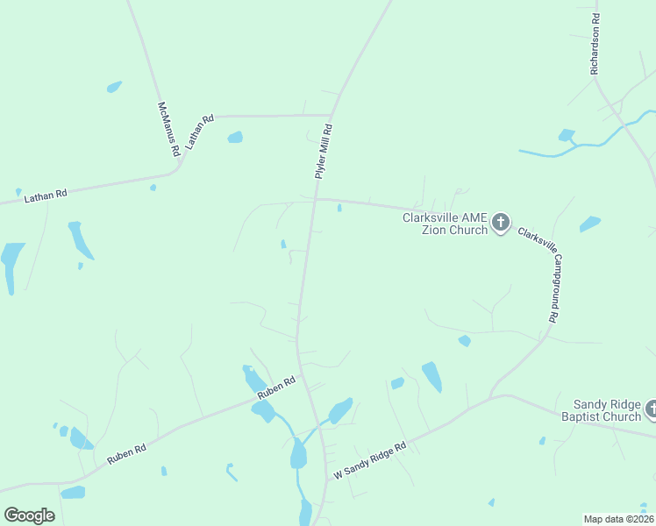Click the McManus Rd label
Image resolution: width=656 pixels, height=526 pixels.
pyautogui.click(x=168, y=129)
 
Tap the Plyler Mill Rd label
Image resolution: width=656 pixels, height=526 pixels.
pyautogui.click(x=324, y=151)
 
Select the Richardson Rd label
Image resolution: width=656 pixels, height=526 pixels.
pyautogui.click(x=595, y=43)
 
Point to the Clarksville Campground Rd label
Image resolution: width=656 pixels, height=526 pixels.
pyautogui.click(x=540, y=274)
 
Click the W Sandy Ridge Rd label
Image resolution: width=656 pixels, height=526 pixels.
pyautogui.click(x=369, y=460)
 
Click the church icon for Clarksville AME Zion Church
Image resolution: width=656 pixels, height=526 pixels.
pyautogui.click(x=501, y=223)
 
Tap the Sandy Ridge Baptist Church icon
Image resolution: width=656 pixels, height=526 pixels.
pyautogui.click(x=652, y=409)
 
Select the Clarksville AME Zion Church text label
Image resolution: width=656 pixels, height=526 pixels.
pyautogui.click(x=445, y=224)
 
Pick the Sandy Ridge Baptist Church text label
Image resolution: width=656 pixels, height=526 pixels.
pyautogui.click(x=607, y=410)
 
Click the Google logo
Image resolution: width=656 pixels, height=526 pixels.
pyautogui.click(x=29, y=515)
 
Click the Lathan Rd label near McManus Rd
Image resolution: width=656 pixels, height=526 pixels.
pyautogui.click(x=198, y=132)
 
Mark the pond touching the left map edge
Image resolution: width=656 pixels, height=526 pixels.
pyautogui.click(x=11, y=263)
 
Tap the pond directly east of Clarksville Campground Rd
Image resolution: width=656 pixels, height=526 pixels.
pyautogui.click(x=590, y=224)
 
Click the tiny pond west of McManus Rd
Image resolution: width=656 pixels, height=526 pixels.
pyautogui.click(x=114, y=86)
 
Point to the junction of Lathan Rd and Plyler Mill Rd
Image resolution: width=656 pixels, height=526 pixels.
pyautogui.click(x=330, y=115)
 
